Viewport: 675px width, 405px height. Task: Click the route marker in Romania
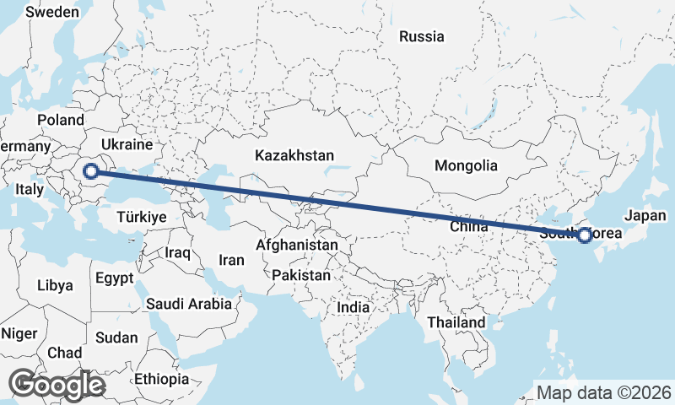point(90,171)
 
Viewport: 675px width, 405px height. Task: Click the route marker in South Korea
point(584,235)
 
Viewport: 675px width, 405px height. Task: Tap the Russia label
point(421,36)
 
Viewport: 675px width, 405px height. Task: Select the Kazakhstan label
point(294,156)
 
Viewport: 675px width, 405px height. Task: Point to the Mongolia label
point(466,165)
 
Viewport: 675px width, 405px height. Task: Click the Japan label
point(645,215)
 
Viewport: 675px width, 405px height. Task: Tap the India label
point(353,308)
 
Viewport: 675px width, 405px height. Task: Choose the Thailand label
point(456,322)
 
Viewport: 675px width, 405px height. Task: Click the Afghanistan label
point(297,245)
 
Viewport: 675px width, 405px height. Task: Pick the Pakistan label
point(301,275)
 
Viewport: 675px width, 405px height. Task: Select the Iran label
point(231,261)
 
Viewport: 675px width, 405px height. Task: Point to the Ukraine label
point(126,144)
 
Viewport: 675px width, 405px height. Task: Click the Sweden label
point(52,13)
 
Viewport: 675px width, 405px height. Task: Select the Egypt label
point(114,278)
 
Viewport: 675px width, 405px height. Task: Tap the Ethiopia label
point(161,379)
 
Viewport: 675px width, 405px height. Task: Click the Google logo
point(57,385)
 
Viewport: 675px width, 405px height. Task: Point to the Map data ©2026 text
point(604,392)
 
